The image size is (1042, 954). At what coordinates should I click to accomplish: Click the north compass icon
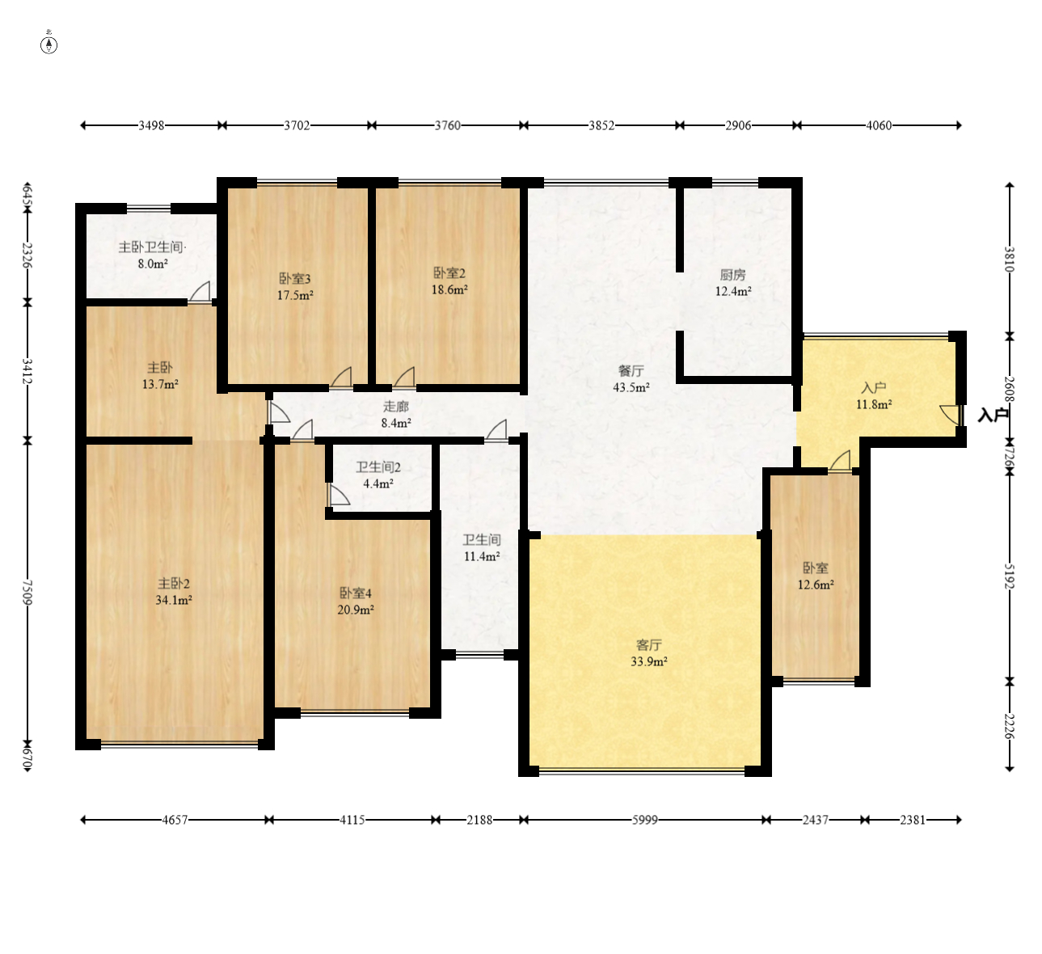[x=49, y=44]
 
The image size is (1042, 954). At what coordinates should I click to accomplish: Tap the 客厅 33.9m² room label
[x=649, y=653]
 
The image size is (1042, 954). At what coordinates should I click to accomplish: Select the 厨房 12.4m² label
[x=733, y=283]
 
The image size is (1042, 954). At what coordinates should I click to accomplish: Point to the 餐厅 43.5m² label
[x=631, y=379]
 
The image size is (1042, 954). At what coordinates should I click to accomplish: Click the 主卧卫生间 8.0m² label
[x=152, y=255]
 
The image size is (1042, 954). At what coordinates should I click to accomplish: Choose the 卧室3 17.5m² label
[x=295, y=287]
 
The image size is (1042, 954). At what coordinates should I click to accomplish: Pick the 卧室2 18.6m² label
[x=449, y=281]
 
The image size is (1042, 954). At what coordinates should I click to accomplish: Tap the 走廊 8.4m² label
[x=396, y=415]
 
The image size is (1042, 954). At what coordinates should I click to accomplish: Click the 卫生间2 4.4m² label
[x=378, y=475]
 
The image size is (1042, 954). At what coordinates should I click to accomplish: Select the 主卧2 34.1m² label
[x=174, y=592]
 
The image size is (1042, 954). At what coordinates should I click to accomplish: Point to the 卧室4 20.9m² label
[x=356, y=602]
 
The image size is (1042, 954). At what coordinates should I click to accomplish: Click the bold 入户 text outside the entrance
[x=993, y=416]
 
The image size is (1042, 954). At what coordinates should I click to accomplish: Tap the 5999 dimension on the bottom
[x=644, y=820]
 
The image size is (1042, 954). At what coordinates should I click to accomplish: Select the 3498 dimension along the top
[x=151, y=125]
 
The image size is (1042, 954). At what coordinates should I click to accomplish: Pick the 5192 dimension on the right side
[x=1009, y=576]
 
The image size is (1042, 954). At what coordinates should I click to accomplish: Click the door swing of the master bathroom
[x=200, y=292]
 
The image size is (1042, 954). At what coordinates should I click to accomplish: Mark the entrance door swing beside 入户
[x=951, y=415]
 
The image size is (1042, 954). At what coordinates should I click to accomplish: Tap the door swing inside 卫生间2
[x=338, y=495]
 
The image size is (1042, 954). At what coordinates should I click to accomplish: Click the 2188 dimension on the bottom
[x=479, y=820]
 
